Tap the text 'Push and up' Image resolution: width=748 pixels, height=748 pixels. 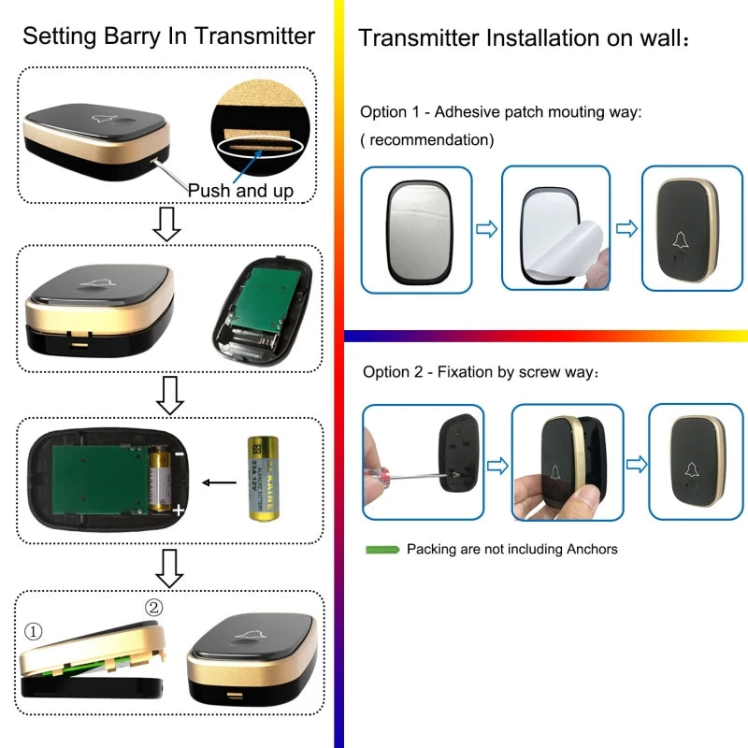(241, 191)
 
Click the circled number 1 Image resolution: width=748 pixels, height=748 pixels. (34, 633)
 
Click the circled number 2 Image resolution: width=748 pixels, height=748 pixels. (154, 608)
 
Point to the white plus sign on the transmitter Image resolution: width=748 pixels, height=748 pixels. (179, 511)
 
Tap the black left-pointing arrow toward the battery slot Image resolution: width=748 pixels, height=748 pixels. (220, 482)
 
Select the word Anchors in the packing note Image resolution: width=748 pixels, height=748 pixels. (588, 549)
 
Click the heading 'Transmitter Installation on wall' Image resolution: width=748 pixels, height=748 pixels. (524, 39)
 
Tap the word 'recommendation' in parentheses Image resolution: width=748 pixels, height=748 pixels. (427, 140)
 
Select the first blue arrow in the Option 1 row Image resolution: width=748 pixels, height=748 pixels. (486, 229)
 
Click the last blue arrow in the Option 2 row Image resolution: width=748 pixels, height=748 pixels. (636, 463)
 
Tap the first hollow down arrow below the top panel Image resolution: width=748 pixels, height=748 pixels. (167, 224)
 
